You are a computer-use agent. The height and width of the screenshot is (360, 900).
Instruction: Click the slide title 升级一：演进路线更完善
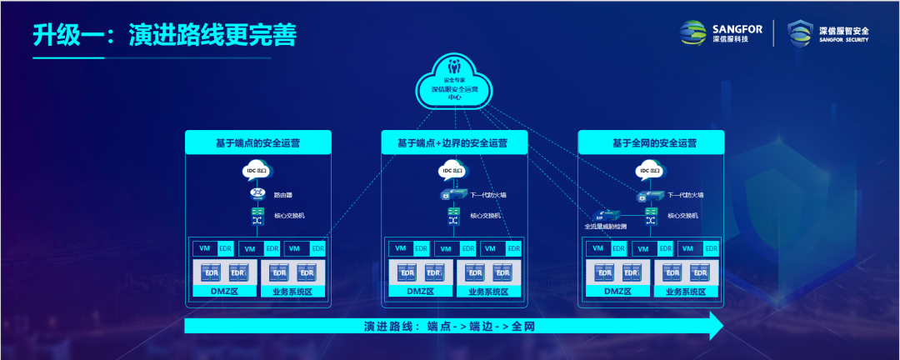165,36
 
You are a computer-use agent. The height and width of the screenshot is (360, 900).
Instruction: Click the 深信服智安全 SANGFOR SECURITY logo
829,34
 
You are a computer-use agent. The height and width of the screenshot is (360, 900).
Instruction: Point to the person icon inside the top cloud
454,65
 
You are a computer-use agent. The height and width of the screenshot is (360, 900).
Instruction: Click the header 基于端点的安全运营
258,142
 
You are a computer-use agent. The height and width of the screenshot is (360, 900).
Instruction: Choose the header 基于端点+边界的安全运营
455,142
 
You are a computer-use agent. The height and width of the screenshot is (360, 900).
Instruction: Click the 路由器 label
283,195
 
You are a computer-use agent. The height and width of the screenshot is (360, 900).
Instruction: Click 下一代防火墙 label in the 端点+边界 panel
488,195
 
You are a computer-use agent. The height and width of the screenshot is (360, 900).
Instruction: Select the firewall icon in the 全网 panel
650,195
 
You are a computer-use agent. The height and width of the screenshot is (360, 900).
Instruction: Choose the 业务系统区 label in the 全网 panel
687,292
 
